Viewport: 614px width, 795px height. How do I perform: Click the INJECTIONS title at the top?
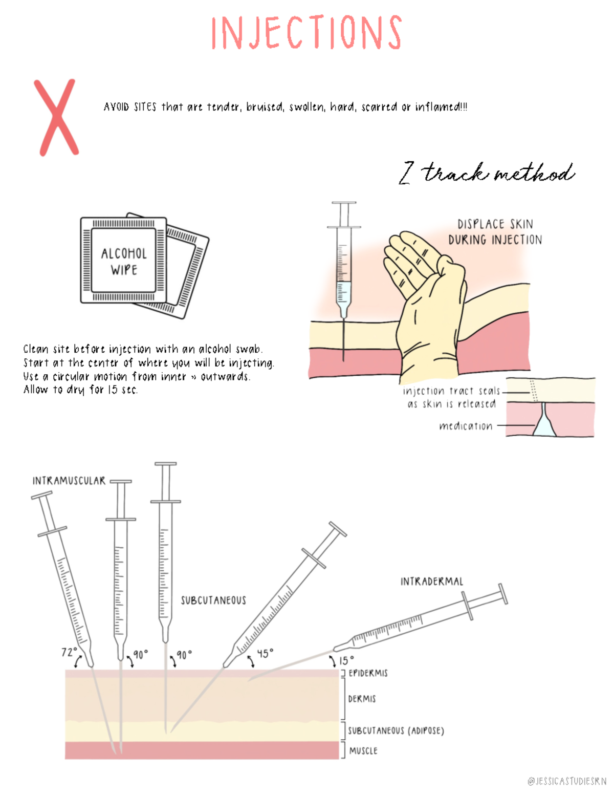(306, 33)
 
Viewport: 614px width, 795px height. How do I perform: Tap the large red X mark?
(56, 117)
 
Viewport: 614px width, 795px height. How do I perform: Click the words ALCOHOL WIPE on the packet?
(124, 261)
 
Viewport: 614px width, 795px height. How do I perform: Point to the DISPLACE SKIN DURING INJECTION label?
(495, 232)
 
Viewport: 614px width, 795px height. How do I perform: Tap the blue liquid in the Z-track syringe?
(343, 294)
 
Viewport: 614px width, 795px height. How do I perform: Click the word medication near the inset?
(466, 426)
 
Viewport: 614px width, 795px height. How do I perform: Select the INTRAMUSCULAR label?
(69, 481)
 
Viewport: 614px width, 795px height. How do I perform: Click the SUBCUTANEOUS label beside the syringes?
(213, 600)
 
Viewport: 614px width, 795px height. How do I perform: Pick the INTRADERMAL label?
(431, 582)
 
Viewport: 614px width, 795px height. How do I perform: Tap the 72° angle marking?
(69, 652)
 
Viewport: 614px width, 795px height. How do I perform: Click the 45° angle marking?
(265, 653)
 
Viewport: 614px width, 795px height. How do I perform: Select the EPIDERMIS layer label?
(368, 673)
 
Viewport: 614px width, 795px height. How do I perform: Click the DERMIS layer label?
(362, 699)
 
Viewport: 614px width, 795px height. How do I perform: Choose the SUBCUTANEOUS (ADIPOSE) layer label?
(396, 730)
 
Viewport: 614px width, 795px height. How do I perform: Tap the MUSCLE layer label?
(363, 750)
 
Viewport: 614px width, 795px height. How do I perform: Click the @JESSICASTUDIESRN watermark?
(566, 781)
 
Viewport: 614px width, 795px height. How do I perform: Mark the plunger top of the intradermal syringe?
(503, 594)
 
